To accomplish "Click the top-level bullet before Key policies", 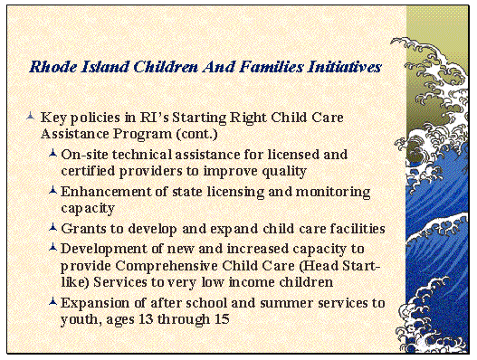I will (x=32, y=118).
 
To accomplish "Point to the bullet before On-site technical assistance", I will (x=53, y=155).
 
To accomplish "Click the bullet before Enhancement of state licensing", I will (x=53, y=192).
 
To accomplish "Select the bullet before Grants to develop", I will (x=53, y=229).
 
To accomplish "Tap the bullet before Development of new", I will (x=53, y=248).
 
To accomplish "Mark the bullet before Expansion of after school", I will (x=53, y=303).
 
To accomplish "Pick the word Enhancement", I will (x=102, y=193).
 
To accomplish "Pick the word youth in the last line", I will (x=81, y=320).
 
